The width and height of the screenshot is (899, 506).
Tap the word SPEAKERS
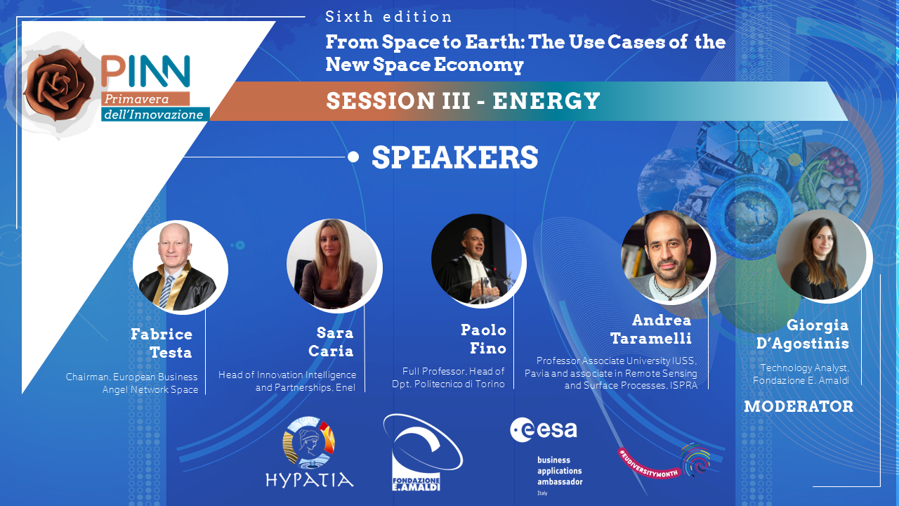454,157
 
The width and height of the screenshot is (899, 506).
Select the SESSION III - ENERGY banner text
463,100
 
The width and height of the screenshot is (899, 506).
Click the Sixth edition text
388,17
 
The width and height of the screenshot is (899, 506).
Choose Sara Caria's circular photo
333,265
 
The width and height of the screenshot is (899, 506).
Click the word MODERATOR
799,406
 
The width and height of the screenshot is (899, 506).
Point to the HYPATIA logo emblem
308,443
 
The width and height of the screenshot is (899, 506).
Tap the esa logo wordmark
544,429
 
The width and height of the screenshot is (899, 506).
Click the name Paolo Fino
483,339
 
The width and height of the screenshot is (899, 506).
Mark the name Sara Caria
331,342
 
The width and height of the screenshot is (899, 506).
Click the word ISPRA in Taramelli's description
683,386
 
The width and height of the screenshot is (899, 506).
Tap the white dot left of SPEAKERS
353,157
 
